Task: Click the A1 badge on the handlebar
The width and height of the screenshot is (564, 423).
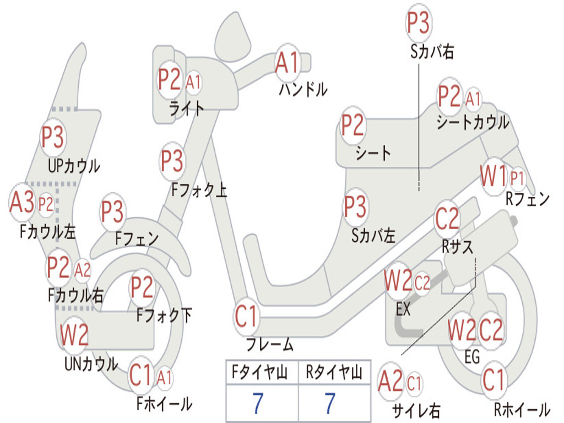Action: (x=288, y=63)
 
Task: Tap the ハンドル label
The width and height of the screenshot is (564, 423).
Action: (x=303, y=89)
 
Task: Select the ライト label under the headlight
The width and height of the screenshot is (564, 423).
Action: (x=186, y=109)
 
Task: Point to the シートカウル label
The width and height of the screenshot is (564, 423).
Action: (x=473, y=122)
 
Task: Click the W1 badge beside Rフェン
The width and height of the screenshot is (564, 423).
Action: (x=493, y=176)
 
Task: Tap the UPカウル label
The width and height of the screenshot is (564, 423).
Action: (x=74, y=166)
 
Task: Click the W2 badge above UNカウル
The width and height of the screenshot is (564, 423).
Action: (x=74, y=334)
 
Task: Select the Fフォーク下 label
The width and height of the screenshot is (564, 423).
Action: (x=164, y=316)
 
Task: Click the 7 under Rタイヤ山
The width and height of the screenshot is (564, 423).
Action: (x=330, y=403)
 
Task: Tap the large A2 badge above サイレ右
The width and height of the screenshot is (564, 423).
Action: (x=391, y=382)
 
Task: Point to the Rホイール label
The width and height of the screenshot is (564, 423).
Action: (x=522, y=409)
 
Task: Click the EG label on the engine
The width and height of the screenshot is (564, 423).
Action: (x=472, y=357)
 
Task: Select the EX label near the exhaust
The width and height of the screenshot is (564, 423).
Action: (x=403, y=309)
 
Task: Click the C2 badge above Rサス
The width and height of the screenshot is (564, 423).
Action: (x=447, y=219)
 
